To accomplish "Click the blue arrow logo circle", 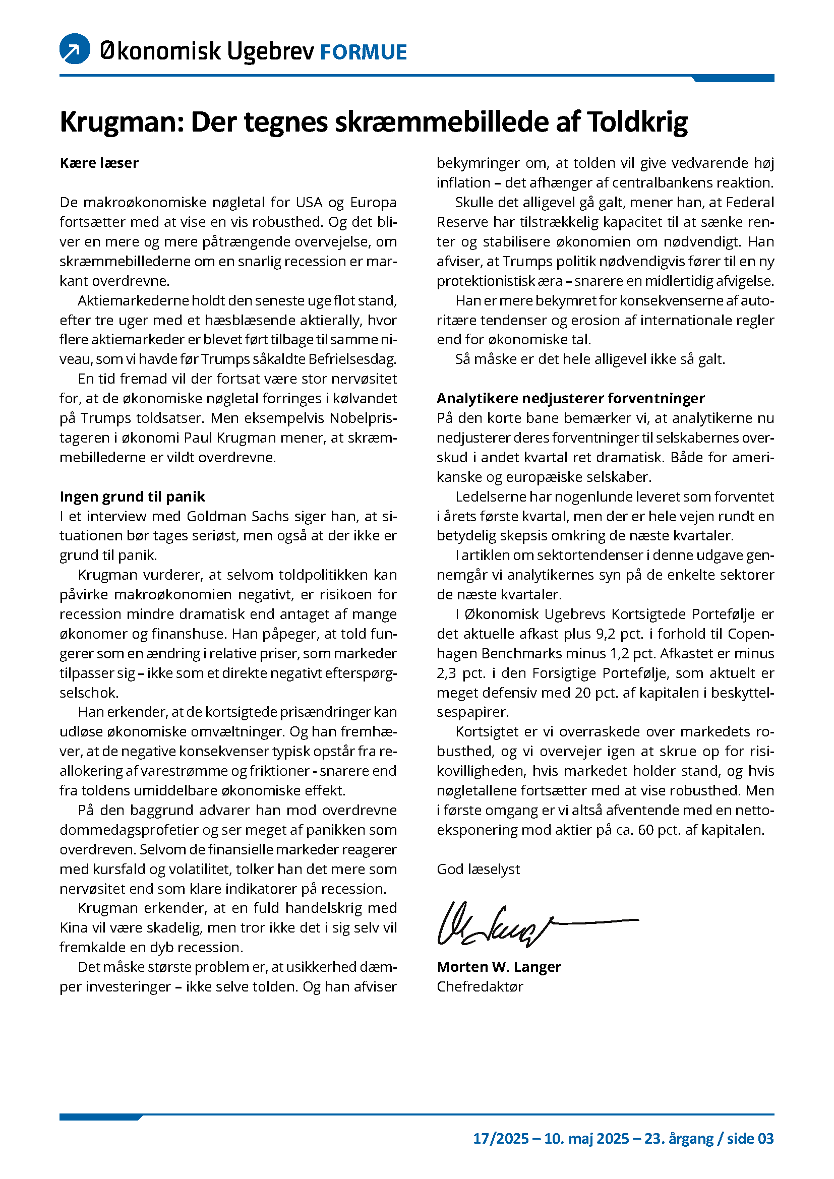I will click(75, 49).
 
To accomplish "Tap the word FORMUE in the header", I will click(363, 52).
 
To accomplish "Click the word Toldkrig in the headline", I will click(637, 122).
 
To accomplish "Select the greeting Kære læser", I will click(99, 163).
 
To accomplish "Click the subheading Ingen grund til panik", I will click(132, 497).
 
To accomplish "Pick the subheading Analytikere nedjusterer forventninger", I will click(570, 399).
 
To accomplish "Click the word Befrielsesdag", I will click(352, 359).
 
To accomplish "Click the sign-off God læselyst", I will click(478, 870).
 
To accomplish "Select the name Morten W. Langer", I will click(499, 967).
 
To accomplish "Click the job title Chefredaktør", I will click(480, 987).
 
